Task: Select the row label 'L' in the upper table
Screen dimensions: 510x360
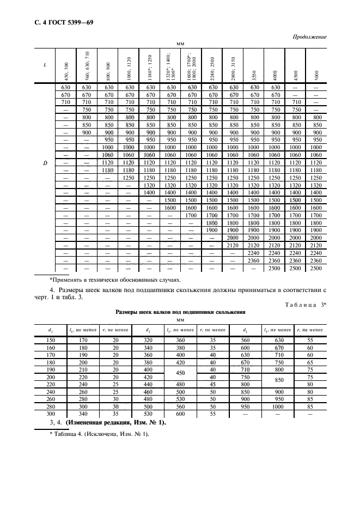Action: point(45,65)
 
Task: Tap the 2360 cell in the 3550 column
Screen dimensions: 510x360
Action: point(254,261)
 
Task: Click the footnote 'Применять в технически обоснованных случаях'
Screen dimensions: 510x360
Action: point(106,278)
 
